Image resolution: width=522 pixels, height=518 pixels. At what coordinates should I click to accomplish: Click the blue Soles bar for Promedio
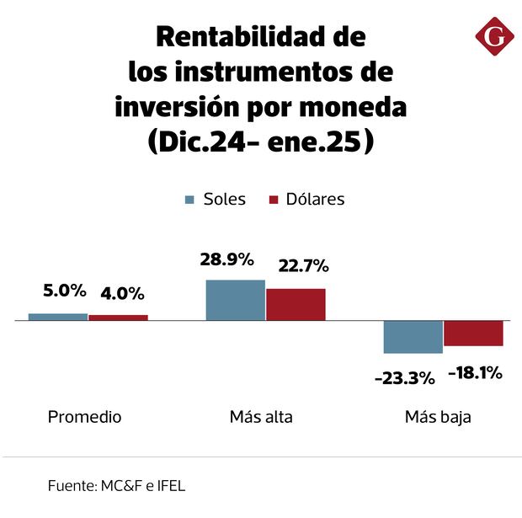coord(58,317)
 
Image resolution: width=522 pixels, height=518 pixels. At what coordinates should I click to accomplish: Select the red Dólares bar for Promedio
coord(118,318)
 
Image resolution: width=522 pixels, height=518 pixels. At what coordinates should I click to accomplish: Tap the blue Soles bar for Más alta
coord(236,300)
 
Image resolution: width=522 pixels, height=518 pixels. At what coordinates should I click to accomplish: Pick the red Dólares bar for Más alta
coord(296,304)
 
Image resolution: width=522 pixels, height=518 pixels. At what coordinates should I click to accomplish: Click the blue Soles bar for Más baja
coord(413,337)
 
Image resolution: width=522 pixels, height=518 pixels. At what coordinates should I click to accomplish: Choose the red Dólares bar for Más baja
coord(473,334)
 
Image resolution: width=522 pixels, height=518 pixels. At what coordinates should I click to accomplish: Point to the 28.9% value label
coord(226,259)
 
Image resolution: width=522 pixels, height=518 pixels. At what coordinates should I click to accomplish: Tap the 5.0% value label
coord(65,291)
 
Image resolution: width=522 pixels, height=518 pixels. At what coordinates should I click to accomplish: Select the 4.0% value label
coord(122,294)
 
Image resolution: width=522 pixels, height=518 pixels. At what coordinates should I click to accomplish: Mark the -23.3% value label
coord(404,378)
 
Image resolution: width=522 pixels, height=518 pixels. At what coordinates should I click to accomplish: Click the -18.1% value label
coord(475,372)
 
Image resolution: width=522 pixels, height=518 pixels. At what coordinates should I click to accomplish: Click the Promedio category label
coord(84,417)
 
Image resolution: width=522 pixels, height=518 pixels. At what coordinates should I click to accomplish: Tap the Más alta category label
coord(261,417)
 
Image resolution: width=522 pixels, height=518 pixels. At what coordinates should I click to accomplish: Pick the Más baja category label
coord(438,417)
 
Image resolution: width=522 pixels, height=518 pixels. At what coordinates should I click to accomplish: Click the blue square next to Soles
coord(190,200)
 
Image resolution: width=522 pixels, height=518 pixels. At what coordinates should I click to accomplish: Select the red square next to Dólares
coord(273,200)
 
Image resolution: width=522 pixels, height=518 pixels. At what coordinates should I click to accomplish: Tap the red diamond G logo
coord(494,38)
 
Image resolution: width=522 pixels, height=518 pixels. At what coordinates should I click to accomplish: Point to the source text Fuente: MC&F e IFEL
coord(116,486)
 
